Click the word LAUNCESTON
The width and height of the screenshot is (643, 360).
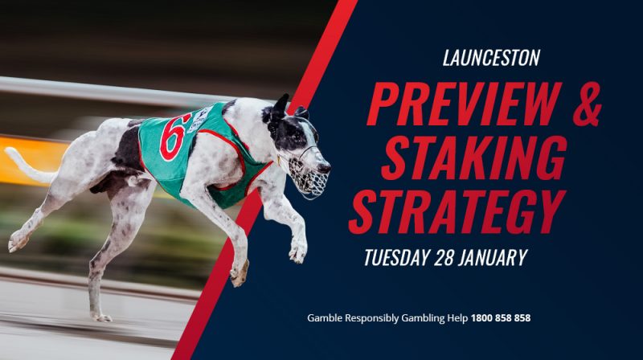(491, 58)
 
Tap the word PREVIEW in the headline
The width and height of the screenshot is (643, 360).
(465, 104)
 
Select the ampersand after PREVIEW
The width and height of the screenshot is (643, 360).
(588, 104)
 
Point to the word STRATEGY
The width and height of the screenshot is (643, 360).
(457, 211)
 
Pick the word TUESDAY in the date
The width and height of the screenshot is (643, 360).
(396, 257)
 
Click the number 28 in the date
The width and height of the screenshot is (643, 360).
(444, 257)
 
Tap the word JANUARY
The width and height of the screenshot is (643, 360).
(493, 257)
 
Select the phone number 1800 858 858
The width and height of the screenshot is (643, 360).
(501, 317)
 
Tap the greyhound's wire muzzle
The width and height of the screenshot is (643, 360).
(309, 176)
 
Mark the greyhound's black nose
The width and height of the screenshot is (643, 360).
(326, 168)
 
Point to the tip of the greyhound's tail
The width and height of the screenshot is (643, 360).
(7, 151)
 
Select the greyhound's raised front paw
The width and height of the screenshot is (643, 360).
(297, 251)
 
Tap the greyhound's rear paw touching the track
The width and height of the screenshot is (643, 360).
(102, 317)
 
